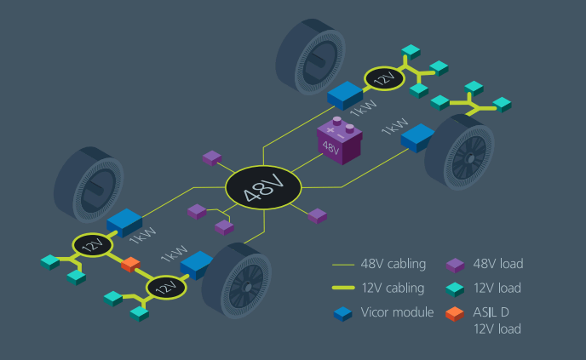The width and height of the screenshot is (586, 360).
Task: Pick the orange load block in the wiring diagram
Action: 130,264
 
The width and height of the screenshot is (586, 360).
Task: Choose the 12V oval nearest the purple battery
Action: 385,80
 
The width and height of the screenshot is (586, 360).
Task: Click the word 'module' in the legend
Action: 416,312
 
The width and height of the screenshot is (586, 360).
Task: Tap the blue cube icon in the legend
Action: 342,314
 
